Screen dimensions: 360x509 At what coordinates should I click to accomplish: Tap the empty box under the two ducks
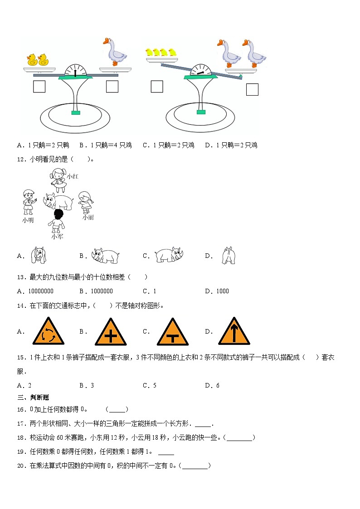pos(39,87)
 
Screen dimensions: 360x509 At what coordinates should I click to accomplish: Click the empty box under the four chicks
pos(157,87)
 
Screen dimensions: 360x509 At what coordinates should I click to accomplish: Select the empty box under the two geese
pos(252,90)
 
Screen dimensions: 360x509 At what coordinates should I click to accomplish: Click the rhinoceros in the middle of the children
pos(58,202)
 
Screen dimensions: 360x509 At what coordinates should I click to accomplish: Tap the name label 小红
pos(73,177)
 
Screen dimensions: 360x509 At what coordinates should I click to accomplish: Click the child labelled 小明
pos(29,202)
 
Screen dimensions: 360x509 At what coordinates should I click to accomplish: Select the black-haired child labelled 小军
pos(57,221)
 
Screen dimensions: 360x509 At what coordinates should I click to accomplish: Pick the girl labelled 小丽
pos(86,203)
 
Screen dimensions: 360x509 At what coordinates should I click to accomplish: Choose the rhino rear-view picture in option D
pos(229,256)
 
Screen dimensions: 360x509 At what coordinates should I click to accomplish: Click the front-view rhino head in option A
pos(38,255)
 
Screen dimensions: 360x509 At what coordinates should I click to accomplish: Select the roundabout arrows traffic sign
pos(49,331)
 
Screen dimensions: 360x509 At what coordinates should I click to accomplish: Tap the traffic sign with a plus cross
pos(111,332)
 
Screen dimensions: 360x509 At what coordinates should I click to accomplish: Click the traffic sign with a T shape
pos(173,332)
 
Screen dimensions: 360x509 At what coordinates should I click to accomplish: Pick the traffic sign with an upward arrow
pos(234,331)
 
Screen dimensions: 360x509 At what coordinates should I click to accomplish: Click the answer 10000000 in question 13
pos(41,291)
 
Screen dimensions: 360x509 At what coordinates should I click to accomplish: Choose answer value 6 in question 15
pos(218,385)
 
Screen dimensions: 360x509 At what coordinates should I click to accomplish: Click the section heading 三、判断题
pos(33,398)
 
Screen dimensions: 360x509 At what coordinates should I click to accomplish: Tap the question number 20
pos(21,466)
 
